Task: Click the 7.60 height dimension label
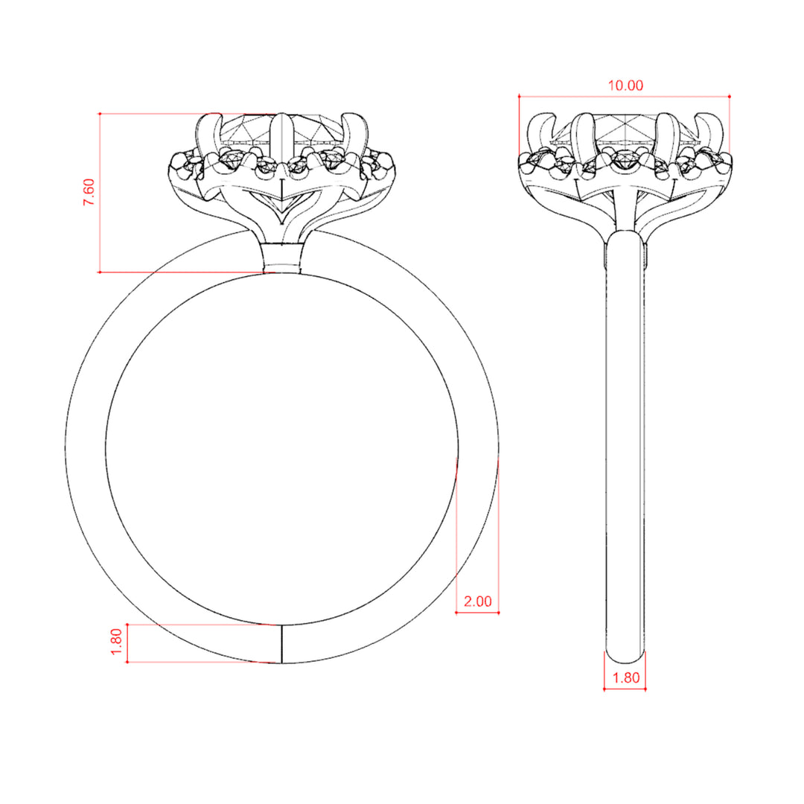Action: [89, 192]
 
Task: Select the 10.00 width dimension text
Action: [625, 85]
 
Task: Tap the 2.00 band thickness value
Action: [477, 601]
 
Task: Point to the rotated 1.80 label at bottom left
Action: [116, 642]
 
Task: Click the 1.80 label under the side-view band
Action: [625, 678]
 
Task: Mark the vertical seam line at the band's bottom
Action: [282, 644]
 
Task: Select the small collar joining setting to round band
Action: [282, 258]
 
